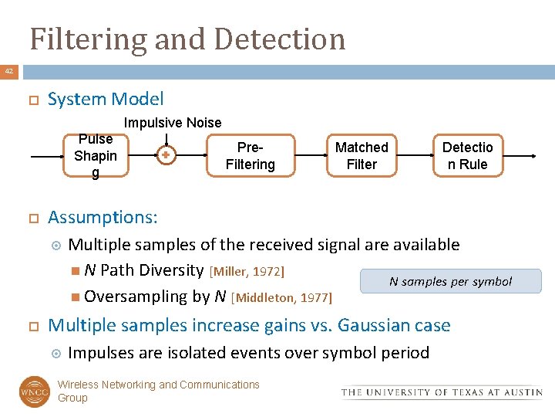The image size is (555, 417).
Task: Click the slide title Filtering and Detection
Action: [187, 38]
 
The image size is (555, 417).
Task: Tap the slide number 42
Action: [9, 72]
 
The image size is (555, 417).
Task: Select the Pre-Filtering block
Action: [250, 155]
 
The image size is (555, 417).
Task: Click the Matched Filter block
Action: [362, 155]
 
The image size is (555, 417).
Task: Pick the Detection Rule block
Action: [467, 155]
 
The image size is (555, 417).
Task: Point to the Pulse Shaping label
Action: [96, 156]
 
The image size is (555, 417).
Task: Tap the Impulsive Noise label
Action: [173, 123]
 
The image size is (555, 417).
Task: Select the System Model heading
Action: [106, 99]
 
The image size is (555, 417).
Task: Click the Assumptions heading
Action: [103, 217]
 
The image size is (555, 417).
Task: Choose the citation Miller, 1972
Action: [247, 271]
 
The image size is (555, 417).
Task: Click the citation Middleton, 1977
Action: [281, 297]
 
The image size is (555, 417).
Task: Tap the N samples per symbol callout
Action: [450, 281]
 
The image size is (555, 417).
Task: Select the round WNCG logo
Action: [35, 391]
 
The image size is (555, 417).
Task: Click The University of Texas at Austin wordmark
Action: [442, 392]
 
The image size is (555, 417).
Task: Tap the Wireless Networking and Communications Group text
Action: [158, 391]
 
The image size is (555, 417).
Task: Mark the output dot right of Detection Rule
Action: [535, 156]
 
